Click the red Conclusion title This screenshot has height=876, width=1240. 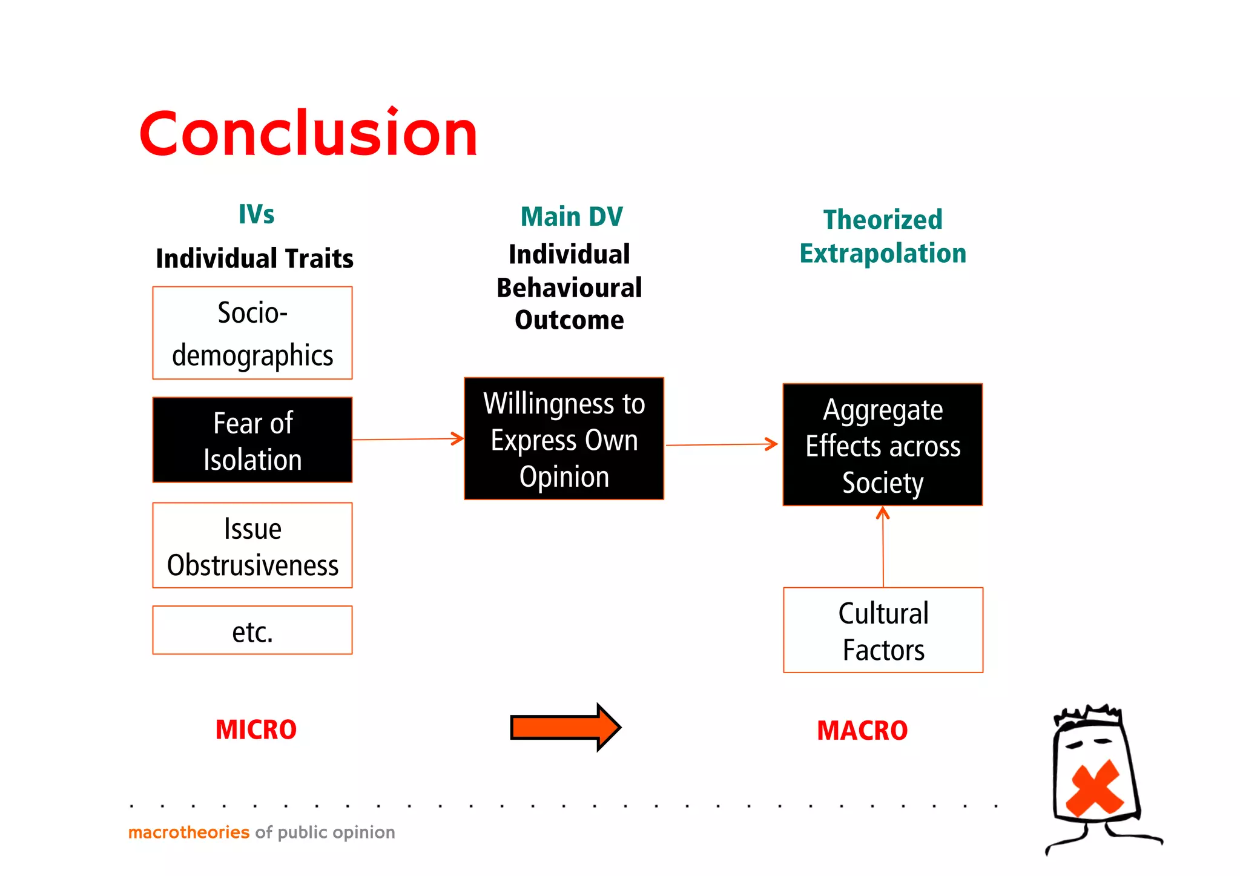[308, 133]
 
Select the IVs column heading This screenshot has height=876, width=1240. [256, 214]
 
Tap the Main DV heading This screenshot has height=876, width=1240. [572, 217]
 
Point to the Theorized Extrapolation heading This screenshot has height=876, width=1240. [883, 236]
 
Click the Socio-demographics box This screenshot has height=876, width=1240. [252, 333]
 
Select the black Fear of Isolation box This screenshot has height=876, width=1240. [252, 440]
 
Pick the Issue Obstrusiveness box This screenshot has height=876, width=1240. [252, 545]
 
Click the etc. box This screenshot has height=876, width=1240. [252, 630]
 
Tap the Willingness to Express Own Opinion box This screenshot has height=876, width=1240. [564, 439]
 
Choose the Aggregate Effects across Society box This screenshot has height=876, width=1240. [882, 445]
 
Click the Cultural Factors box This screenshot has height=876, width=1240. [883, 630]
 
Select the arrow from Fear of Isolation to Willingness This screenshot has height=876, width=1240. [407, 440]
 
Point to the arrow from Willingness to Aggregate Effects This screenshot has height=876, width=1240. [721, 445]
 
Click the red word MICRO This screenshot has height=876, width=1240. [256, 730]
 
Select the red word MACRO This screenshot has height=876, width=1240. [862, 731]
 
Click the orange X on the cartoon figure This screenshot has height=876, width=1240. [1095, 788]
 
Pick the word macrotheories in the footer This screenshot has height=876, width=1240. [189, 832]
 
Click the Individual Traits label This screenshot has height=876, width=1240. [254, 259]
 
